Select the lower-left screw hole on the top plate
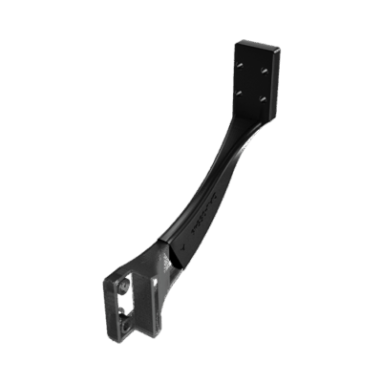(x=241, y=92)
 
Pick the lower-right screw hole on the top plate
(x=260, y=98)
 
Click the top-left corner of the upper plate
(x=236, y=41)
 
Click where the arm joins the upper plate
(x=250, y=122)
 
